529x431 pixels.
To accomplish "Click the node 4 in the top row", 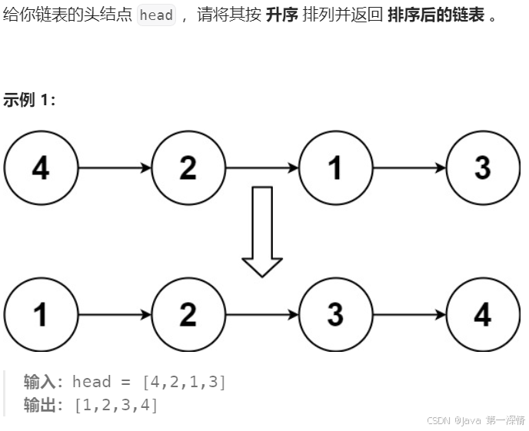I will point(41,167).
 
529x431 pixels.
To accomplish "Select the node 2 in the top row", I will point(188,167).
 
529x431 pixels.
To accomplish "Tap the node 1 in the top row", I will point(335,167).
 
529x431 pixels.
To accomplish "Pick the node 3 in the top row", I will point(483,167).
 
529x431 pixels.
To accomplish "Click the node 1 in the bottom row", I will point(41,314).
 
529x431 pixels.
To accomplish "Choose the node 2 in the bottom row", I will point(188,314).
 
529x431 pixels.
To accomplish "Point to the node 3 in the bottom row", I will point(335,314).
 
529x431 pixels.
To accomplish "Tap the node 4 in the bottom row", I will point(483,314).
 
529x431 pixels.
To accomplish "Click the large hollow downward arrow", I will point(262,231).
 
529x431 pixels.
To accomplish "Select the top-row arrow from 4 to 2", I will point(115,167).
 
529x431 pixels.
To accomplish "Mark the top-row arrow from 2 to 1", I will point(262,167).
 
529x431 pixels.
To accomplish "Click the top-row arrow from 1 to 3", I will point(409,167).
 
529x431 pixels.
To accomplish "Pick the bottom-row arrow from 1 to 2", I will point(115,314).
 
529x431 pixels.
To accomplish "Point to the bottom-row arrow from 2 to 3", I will point(262,314).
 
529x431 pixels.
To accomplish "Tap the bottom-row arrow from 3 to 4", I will point(409,314).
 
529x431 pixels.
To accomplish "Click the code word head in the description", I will point(156,15).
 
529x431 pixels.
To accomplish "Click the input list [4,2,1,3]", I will point(185,382).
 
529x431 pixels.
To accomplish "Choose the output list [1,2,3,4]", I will point(116,405).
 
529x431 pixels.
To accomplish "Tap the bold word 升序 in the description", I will point(281,15).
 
